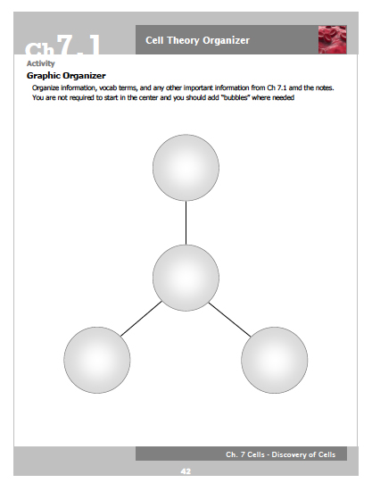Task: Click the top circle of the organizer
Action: [x=186, y=168]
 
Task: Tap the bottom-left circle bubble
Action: [x=97, y=360]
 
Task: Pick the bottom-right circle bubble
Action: [x=275, y=360]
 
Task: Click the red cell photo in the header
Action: [x=332, y=40]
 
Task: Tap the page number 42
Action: [x=186, y=471]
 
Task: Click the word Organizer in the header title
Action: [x=223, y=40]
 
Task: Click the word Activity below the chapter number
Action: [x=41, y=64]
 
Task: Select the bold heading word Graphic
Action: [x=45, y=76]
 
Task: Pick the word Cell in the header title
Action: [x=154, y=40]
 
